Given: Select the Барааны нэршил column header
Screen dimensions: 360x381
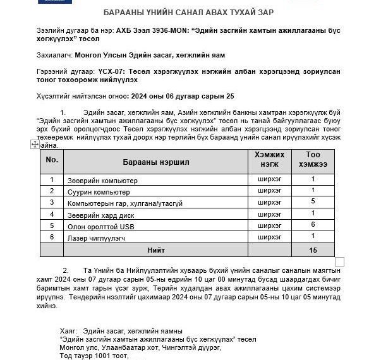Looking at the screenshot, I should coord(156,161).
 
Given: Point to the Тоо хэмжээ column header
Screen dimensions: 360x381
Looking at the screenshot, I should coord(313,159).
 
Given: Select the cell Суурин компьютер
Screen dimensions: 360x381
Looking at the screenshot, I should coord(99,192).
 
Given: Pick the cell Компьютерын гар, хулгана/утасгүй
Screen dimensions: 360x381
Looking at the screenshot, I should coord(124,203).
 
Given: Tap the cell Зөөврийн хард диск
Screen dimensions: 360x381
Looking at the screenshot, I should coord(102,215).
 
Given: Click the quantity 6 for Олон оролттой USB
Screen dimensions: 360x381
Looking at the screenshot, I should coord(313,225).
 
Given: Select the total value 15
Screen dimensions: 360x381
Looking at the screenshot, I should coord(313,250).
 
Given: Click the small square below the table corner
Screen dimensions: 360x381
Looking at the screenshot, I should coord(339,261).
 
